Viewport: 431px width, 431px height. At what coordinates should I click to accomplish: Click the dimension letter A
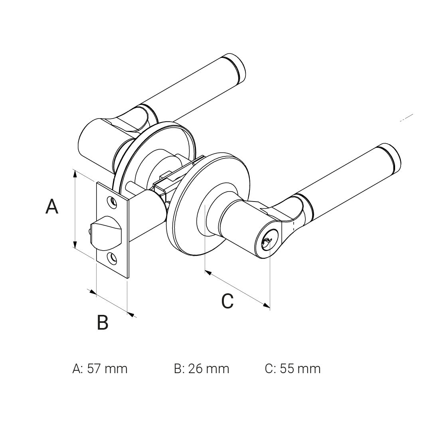point(52,207)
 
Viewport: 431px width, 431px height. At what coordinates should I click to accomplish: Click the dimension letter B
point(103,322)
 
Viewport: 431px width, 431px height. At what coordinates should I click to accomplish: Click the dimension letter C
point(227,301)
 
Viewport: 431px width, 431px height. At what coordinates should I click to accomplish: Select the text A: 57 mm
point(100,368)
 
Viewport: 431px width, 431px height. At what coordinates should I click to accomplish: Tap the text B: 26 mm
point(202,368)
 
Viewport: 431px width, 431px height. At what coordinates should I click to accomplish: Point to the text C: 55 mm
point(293,368)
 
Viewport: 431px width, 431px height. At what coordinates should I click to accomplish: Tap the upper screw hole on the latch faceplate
point(113,202)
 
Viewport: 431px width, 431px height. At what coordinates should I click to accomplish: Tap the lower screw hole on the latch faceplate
point(113,258)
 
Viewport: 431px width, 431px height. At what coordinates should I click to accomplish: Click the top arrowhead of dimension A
point(75,173)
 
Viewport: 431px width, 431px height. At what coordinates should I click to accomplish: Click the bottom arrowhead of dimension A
point(75,244)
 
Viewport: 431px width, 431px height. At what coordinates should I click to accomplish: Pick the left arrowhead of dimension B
point(93,293)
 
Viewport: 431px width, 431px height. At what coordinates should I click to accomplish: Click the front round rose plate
point(188,223)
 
